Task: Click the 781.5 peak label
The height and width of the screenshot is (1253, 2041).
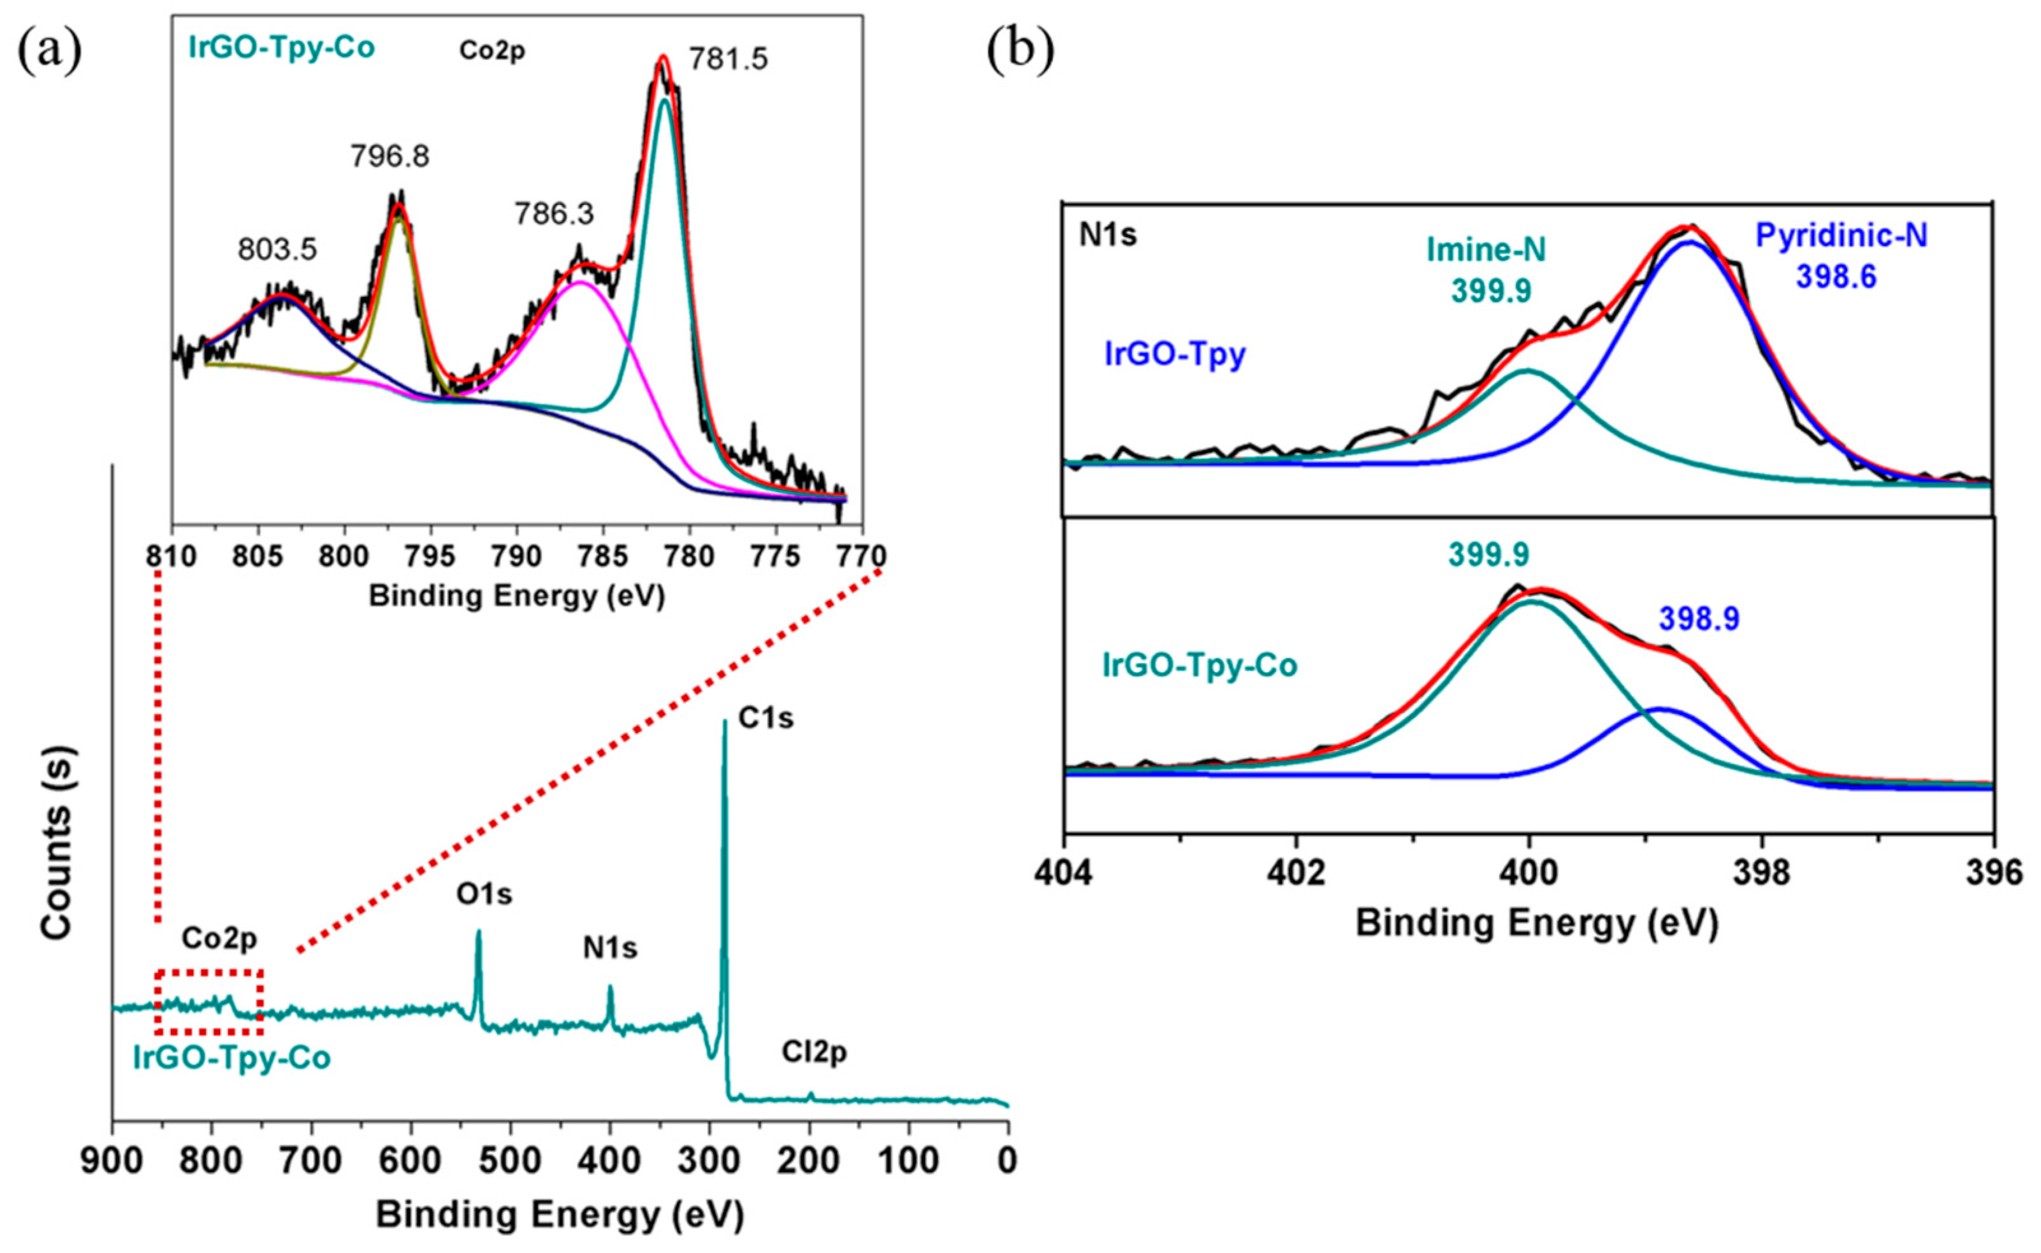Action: point(728,59)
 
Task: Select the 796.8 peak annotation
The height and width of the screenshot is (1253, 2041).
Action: point(389,156)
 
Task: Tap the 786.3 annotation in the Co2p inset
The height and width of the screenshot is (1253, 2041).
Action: point(554,215)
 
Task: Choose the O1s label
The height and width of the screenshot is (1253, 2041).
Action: point(484,894)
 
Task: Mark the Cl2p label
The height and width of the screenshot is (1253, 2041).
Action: point(814,1052)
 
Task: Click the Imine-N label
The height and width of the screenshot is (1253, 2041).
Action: point(1486,250)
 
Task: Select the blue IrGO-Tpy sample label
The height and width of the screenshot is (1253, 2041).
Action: point(1175,355)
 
